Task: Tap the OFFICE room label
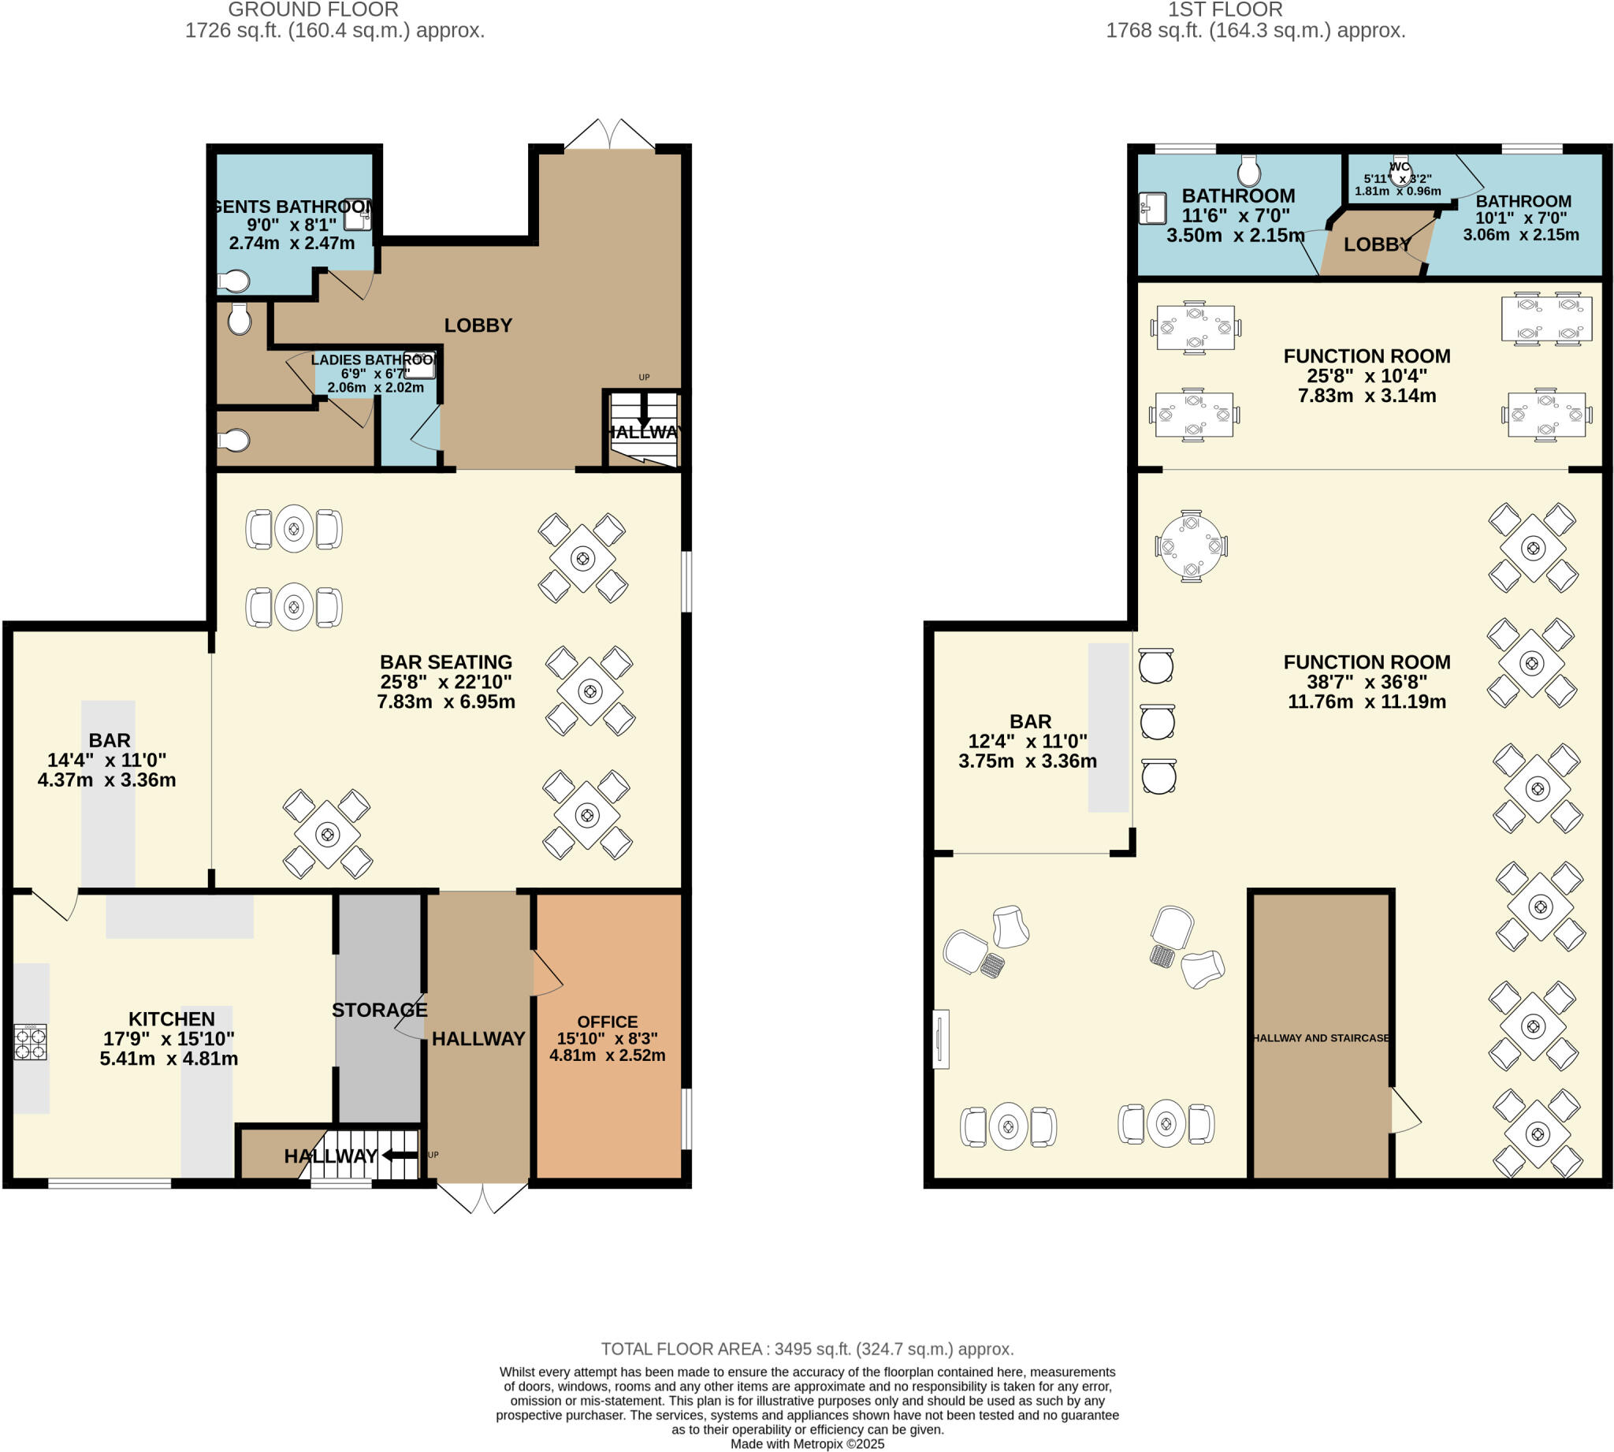tap(607, 1022)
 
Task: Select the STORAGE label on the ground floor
tap(380, 1010)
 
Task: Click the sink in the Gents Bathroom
tap(358, 214)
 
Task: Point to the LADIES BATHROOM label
tap(374, 359)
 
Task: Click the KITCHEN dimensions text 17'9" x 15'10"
tap(169, 1039)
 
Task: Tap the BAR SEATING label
tap(446, 662)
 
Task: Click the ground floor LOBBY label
tap(478, 326)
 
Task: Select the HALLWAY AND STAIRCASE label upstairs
tap(1321, 1038)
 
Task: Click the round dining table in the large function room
tap(1191, 546)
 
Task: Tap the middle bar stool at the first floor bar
tap(1156, 722)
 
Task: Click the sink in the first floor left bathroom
tap(1151, 208)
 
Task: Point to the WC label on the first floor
tap(1400, 168)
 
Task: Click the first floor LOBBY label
tap(1377, 245)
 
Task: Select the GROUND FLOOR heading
tap(313, 10)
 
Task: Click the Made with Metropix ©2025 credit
tap(807, 1444)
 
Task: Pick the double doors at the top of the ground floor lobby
tap(609, 135)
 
